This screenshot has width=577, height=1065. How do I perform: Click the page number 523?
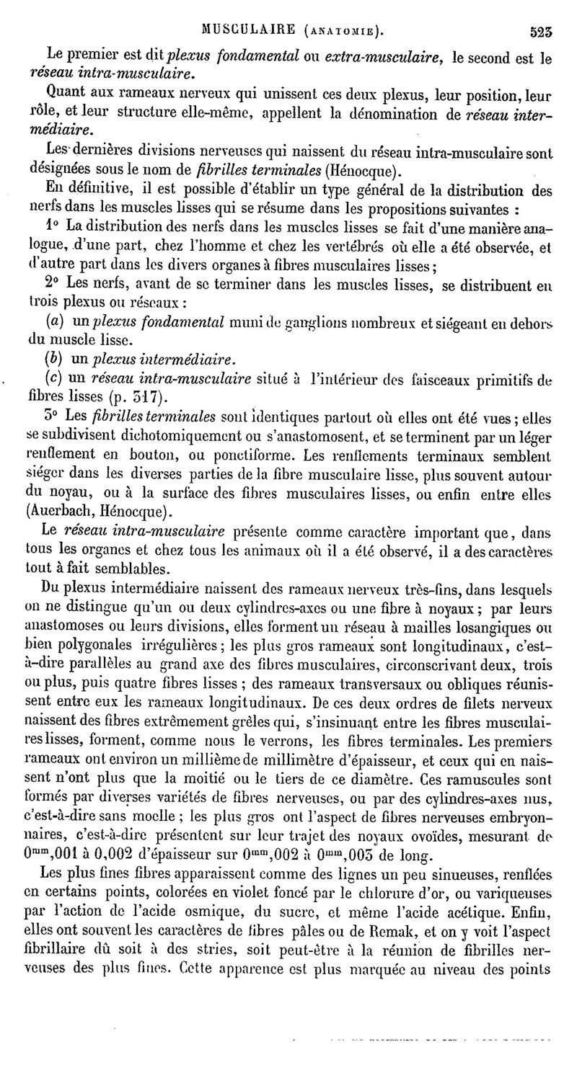pyautogui.click(x=540, y=31)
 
